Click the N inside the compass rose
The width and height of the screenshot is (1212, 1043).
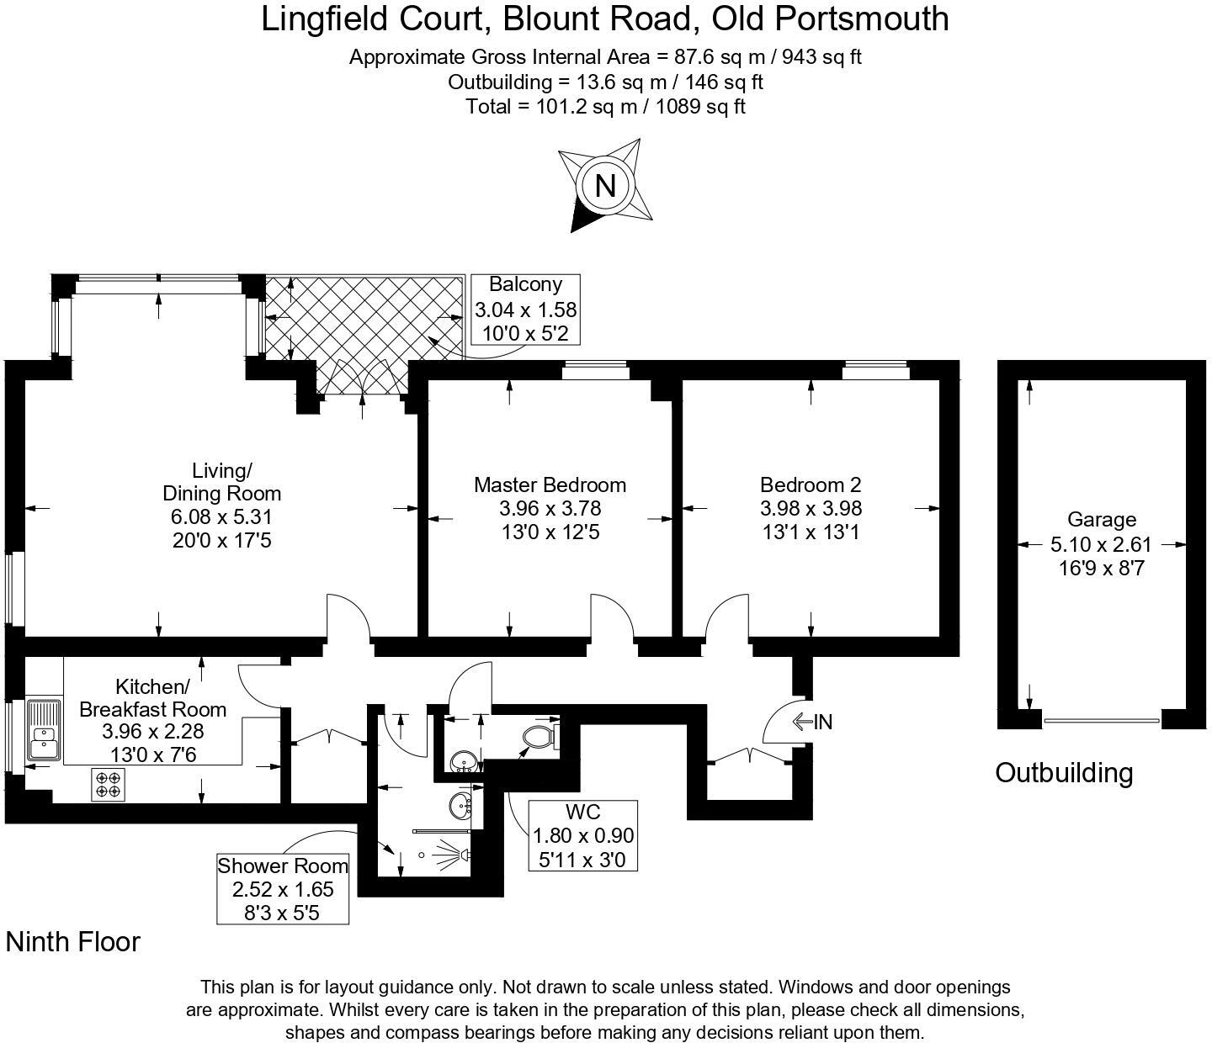604,185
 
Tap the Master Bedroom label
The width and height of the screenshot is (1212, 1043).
550,485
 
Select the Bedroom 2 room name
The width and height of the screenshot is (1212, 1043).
810,485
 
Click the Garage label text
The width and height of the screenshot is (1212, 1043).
1101,520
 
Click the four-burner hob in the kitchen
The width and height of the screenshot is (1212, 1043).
108,785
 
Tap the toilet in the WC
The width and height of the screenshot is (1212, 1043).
538,738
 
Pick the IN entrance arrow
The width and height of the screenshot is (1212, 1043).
811,722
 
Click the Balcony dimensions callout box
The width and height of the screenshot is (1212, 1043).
525,310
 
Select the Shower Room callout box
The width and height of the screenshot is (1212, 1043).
283,889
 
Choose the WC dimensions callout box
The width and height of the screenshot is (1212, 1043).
582,835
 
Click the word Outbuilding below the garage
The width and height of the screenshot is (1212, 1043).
1064,772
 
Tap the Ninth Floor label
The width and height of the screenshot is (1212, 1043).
73,942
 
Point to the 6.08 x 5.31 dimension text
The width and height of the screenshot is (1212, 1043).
221,517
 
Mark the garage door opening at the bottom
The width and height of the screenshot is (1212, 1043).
1101,721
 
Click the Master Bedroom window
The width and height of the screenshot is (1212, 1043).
595,366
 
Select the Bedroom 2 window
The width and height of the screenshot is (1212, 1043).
875,366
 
